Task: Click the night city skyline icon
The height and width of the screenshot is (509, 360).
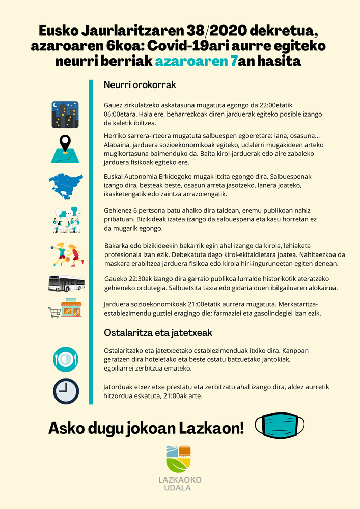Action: click(65, 114)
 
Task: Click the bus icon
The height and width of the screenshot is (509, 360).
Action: click(66, 284)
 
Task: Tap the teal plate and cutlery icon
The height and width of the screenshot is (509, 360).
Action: click(66, 359)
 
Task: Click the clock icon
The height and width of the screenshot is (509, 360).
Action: click(66, 391)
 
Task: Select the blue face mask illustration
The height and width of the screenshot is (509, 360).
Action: click(280, 425)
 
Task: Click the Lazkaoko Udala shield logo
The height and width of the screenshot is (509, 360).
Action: click(178, 459)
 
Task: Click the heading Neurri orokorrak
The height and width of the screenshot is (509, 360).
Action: click(140, 84)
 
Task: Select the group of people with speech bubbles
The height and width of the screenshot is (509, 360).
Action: click(66, 220)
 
